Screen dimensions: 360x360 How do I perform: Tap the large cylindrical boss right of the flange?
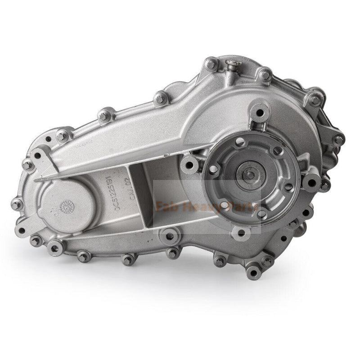click(x=310, y=182)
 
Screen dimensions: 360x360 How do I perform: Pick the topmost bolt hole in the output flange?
click(x=240, y=142)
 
